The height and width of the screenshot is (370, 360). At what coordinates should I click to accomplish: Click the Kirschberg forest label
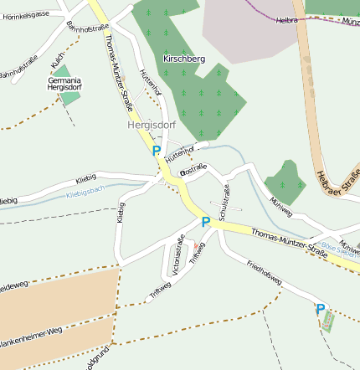(x=184, y=59)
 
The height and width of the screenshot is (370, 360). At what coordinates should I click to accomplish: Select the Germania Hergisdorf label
(x=64, y=83)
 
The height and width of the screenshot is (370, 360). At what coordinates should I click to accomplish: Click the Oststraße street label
(x=193, y=170)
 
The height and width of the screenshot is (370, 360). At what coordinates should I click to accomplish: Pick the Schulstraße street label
(x=224, y=203)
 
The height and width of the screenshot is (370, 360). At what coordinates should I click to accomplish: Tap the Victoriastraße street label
(x=177, y=255)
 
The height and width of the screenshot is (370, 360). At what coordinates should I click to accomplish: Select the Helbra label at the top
(x=286, y=19)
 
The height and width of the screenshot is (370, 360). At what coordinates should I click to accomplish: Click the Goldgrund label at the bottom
(x=96, y=360)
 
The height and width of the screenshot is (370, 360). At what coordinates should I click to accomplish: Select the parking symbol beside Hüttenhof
(x=157, y=152)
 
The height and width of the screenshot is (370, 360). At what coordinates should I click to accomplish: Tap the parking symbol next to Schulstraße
(x=205, y=223)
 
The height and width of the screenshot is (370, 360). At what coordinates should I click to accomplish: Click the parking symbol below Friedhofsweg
(x=320, y=310)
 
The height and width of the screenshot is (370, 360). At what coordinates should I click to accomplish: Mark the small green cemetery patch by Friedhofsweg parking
(x=328, y=321)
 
